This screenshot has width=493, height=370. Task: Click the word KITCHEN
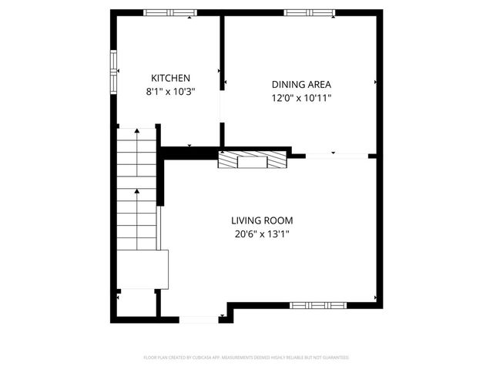tap(170, 78)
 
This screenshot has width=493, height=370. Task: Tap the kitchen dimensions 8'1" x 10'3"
tap(170, 91)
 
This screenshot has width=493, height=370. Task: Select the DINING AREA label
tap(301, 85)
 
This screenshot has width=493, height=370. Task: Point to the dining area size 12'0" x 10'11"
tap(301, 98)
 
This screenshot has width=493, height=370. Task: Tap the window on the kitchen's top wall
tap(170, 12)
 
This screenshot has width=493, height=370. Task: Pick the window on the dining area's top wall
tap(309, 12)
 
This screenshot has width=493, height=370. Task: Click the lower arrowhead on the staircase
tap(137, 190)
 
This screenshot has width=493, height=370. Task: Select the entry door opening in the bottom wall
tap(199, 318)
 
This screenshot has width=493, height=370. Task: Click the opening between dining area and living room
tap(337, 156)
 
